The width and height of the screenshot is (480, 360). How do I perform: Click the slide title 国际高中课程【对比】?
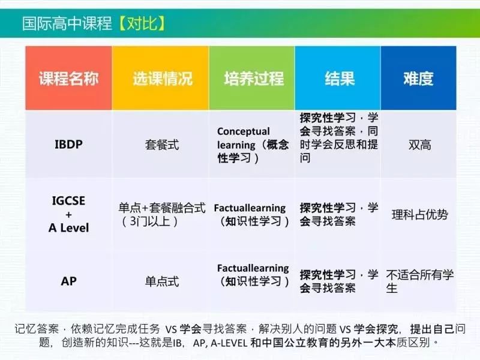click(94, 23)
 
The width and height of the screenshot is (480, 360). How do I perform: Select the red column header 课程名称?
click(68, 79)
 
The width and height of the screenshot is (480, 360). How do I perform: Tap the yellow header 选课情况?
click(163, 79)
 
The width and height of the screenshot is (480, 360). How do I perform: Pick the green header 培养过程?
click(254, 79)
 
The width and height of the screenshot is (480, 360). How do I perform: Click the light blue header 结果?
click(340, 79)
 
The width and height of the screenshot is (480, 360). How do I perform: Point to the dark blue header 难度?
click(418, 79)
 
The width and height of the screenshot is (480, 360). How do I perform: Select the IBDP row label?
click(68, 145)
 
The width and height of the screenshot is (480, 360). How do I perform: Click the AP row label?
click(68, 281)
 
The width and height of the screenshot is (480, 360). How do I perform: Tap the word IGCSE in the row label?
click(68, 201)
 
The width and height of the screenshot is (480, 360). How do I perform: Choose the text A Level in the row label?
click(68, 228)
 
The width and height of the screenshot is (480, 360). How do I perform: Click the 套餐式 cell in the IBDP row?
click(162, 145)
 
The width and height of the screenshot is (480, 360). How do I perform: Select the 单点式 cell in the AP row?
click(162, 281)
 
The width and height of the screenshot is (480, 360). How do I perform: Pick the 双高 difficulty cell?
click(419, 145)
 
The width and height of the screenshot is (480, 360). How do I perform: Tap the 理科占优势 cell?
click(419, 215)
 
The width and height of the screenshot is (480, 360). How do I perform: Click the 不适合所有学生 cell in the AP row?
click(419, 281)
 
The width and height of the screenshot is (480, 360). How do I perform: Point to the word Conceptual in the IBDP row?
click(244, 131)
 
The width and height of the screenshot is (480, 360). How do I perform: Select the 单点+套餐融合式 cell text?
click(162, 208)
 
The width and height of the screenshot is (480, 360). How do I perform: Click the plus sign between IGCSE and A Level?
click(68, 215)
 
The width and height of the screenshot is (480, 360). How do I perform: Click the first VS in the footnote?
click(172, 329)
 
